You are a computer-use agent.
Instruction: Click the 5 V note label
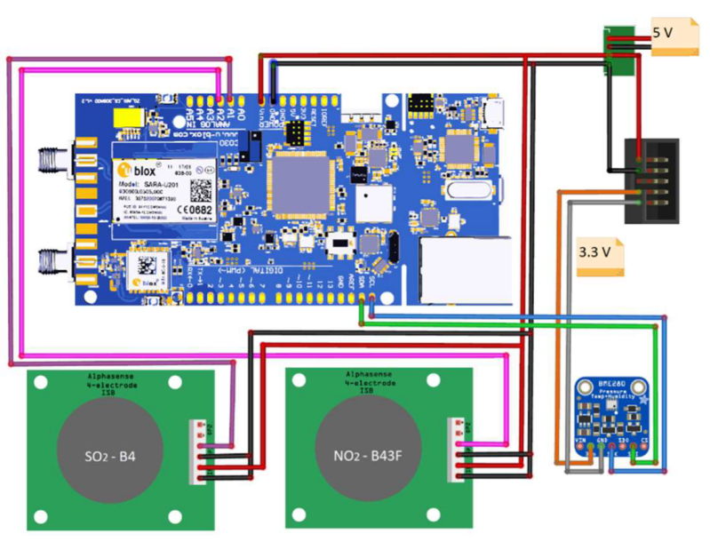click(674, 36)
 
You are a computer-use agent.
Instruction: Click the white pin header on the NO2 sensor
click(460, 451)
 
